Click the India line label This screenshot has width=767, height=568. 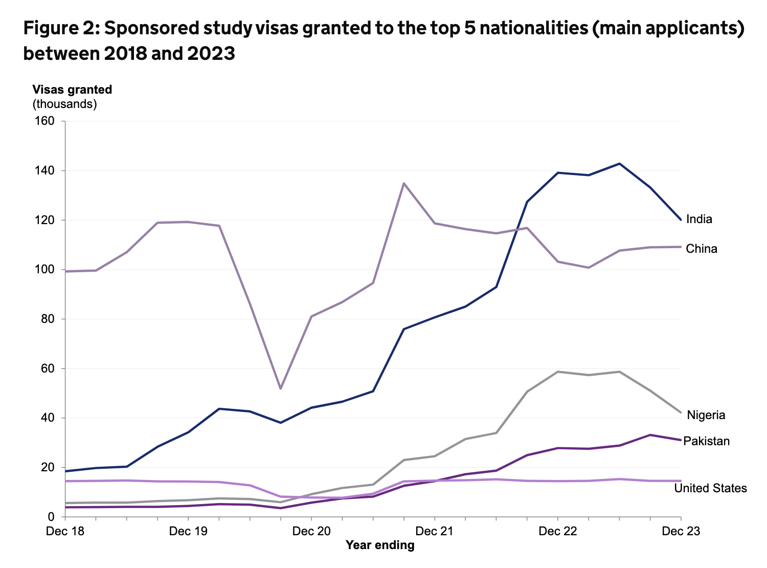click(699, 219)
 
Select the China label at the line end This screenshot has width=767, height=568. click(702, 249)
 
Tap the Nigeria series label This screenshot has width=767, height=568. click(706, 415)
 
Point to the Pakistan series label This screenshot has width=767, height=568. click(706, 441)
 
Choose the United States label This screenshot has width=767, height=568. click(710, 488)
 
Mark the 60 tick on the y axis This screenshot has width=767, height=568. click(48, 368)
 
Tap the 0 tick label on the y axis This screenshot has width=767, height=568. click(51, 517)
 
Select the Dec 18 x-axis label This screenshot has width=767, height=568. click(65, 531)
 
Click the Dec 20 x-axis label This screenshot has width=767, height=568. click(311, 531)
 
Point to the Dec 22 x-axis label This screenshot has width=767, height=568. click(557, 531)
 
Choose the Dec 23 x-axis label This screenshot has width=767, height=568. click(681, 531)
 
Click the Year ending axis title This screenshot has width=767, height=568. click(380, 545)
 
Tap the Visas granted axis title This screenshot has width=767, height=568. click(72, 90)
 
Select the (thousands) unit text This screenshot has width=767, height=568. click(65, 104)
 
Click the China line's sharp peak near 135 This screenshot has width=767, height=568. click(403, 183)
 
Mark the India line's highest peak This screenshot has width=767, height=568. click(620, 164)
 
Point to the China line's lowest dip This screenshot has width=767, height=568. click(280, 389)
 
